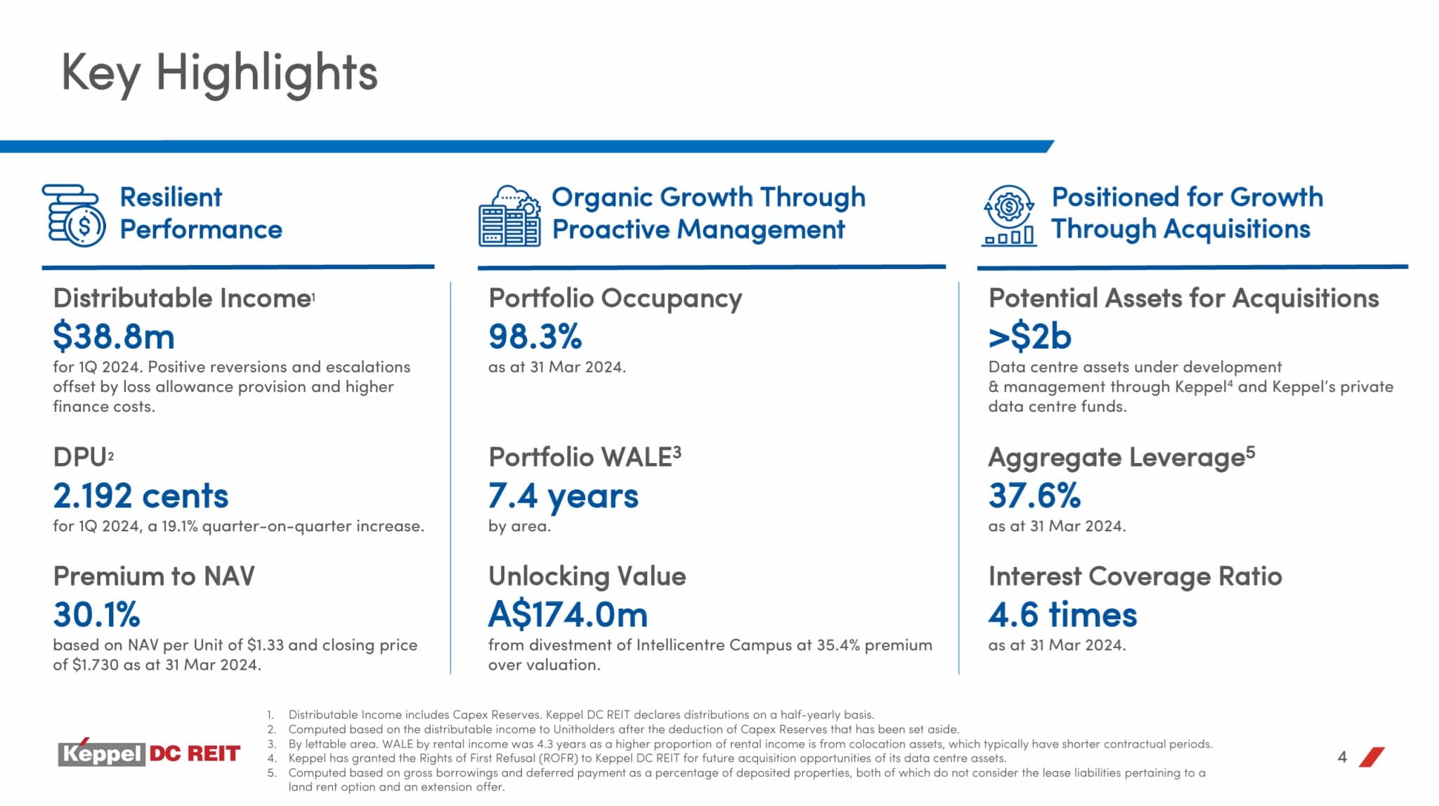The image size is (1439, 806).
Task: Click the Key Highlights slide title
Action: coord(219,73)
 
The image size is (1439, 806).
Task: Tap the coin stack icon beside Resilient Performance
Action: coord(73,216)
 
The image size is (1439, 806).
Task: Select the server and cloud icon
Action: coord(509,216)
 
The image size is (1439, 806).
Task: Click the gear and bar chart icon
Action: coord(1009,216)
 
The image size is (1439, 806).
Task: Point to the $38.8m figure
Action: coord(114,336)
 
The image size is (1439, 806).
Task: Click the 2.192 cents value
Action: coord(141,495)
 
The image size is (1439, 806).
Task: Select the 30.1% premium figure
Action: coord(97,615)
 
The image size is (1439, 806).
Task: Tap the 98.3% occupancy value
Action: coord(535,336)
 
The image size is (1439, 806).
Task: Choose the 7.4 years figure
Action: coord(564,495)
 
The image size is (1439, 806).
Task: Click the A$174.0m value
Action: coord(568,615)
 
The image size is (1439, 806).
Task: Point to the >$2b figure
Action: coord(1030,336)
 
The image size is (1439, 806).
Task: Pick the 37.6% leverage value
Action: coord(1034,495)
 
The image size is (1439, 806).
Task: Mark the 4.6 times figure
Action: coord(1062,615)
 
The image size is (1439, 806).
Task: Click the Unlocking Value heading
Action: coord(587,576)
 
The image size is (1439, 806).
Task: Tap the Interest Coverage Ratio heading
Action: coord(1135,576)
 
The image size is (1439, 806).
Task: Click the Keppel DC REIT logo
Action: coord(149,753)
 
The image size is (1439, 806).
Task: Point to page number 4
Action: coord(1342,757)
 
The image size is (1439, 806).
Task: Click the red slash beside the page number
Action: coord(1372,757)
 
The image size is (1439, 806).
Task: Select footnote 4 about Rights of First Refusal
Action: coord(646,758)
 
